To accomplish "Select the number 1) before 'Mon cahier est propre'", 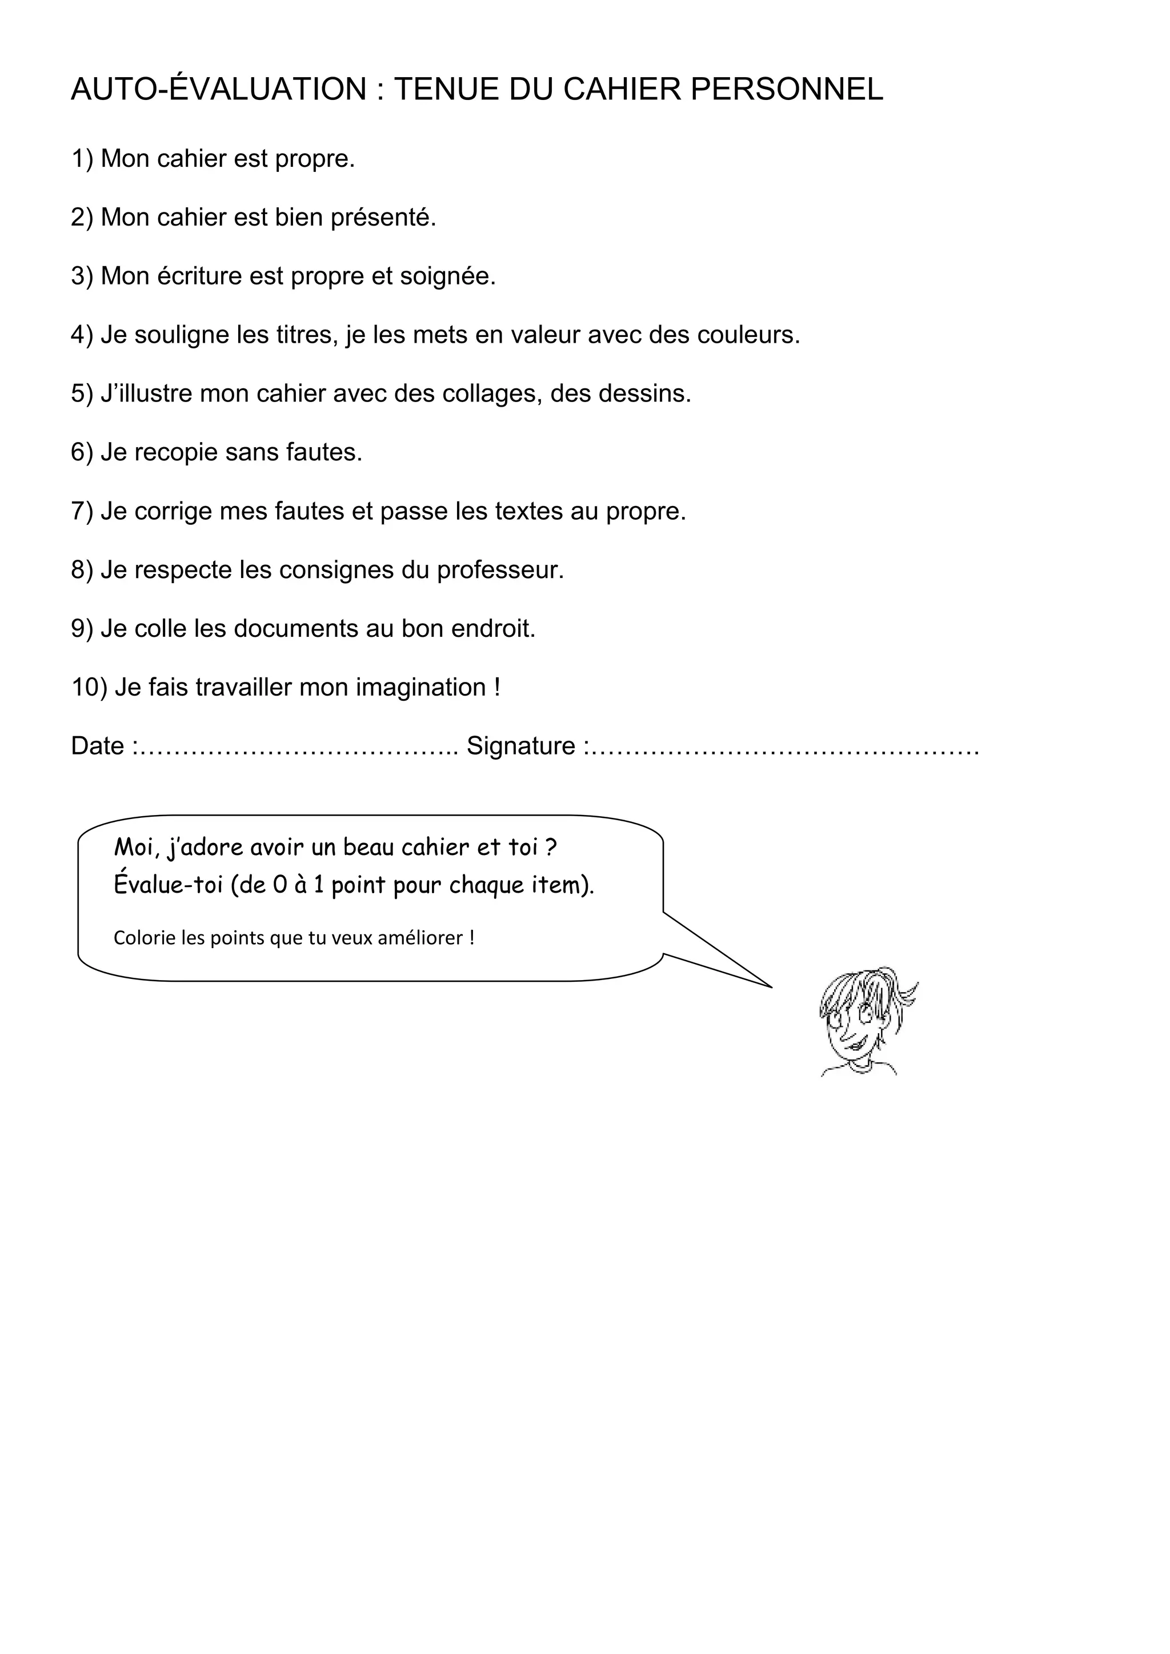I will tap(82, 158).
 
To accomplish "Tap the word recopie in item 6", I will tap(176, 453).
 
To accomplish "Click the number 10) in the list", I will tap(89, 688).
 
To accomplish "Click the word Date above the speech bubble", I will tap(97, 746).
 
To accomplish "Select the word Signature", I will tap(521, 746).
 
